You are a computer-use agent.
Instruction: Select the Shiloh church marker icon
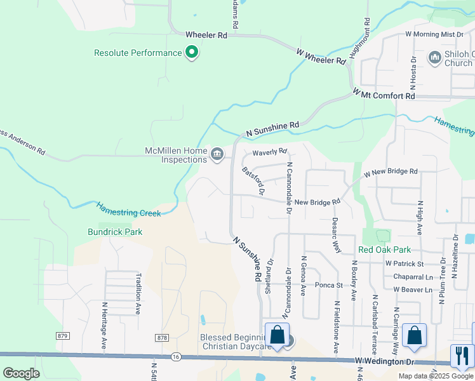coord(435,58)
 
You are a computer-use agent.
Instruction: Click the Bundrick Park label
coord(116,232)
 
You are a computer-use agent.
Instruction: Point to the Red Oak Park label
coord(384,250)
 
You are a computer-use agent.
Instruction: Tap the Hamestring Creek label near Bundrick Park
coord(129,209)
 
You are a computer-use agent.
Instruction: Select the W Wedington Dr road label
coord(384,361)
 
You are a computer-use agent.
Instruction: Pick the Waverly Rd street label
coord(270,152)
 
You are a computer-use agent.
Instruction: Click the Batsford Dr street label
coord(253,180)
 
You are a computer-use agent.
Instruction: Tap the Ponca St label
coord(328,286)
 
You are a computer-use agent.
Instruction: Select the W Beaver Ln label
coord(412,290)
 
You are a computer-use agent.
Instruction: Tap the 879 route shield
coord(62,335)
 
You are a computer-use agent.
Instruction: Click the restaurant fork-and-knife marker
coord(462,355)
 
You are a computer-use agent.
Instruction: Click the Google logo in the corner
coord(21,373)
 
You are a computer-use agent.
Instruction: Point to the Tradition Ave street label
coord(138,285)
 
